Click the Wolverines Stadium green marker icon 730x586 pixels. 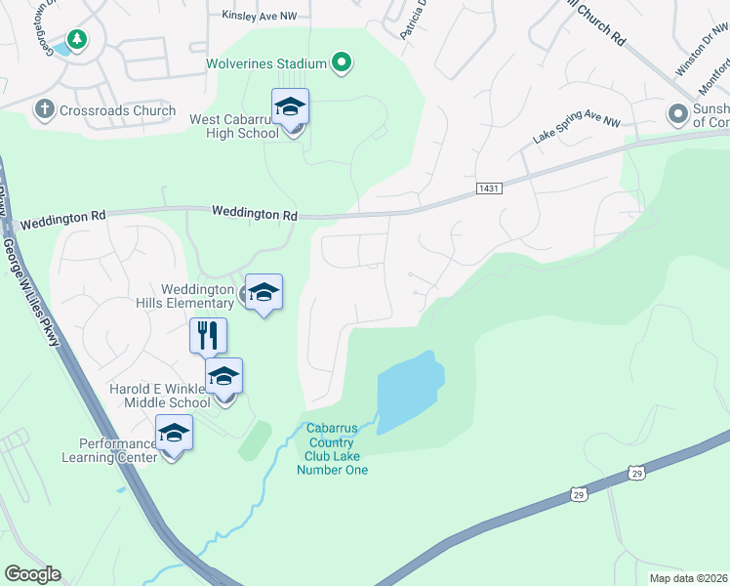coord(341,64)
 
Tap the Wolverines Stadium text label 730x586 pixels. coord(265,64)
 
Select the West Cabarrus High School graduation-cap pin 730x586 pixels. coord(290,106)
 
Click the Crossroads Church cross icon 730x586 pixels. coord(43,110)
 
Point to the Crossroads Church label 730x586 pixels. coord(117,110)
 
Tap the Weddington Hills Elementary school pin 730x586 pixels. coord(264,292)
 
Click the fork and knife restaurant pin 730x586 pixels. coord(208,336)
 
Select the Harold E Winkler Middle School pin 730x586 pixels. coord(223,376)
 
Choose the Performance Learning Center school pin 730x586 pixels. coord(174,433)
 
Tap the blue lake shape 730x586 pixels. coord(410,391)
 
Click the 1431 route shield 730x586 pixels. coord(490,188)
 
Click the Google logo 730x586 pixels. coord(32,574)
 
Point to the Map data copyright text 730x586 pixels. coord(689,578)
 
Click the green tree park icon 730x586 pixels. coord(75,39)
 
